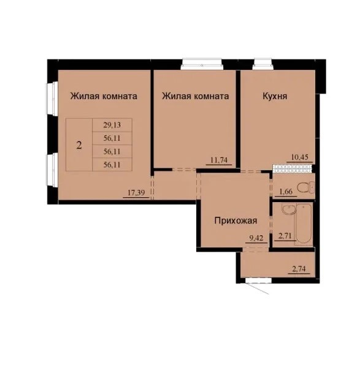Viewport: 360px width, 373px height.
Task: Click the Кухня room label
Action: click(x=275, y=96)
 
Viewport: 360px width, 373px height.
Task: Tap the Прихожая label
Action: click(x=236, y=220)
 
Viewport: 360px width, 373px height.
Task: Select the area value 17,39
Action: click(x=136, y=192)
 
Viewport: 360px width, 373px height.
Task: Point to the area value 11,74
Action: click(x=219, y=160)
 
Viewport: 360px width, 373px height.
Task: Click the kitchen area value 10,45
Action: click(x=300, y=157)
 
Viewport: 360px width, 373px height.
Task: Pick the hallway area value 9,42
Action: click(x=256, y=238)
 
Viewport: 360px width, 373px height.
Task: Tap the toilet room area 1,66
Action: click(x=285, y=192)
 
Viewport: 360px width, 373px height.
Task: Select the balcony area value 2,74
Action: click(x=299, y=269)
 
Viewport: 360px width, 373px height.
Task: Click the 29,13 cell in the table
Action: click(x=112, y=125)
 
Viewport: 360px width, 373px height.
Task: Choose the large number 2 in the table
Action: click(x=79, y=145)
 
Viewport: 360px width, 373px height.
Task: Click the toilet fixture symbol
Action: click(x=305, y=187)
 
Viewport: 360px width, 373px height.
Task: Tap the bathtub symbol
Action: click(x=304, y=224)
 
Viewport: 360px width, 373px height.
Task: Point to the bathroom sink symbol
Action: click(x=289, y=209)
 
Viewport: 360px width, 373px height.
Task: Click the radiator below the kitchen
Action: click(x=293, y=168)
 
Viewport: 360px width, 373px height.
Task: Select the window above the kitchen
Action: click(x=262, y=64)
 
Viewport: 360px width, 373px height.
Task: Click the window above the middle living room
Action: click(x=201, y=64)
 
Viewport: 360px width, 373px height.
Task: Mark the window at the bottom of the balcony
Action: click(x=259, y=281)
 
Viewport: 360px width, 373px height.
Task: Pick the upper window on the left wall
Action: click(x=52, y=99)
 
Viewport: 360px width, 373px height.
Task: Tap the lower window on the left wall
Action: click(x=52, y=170)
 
